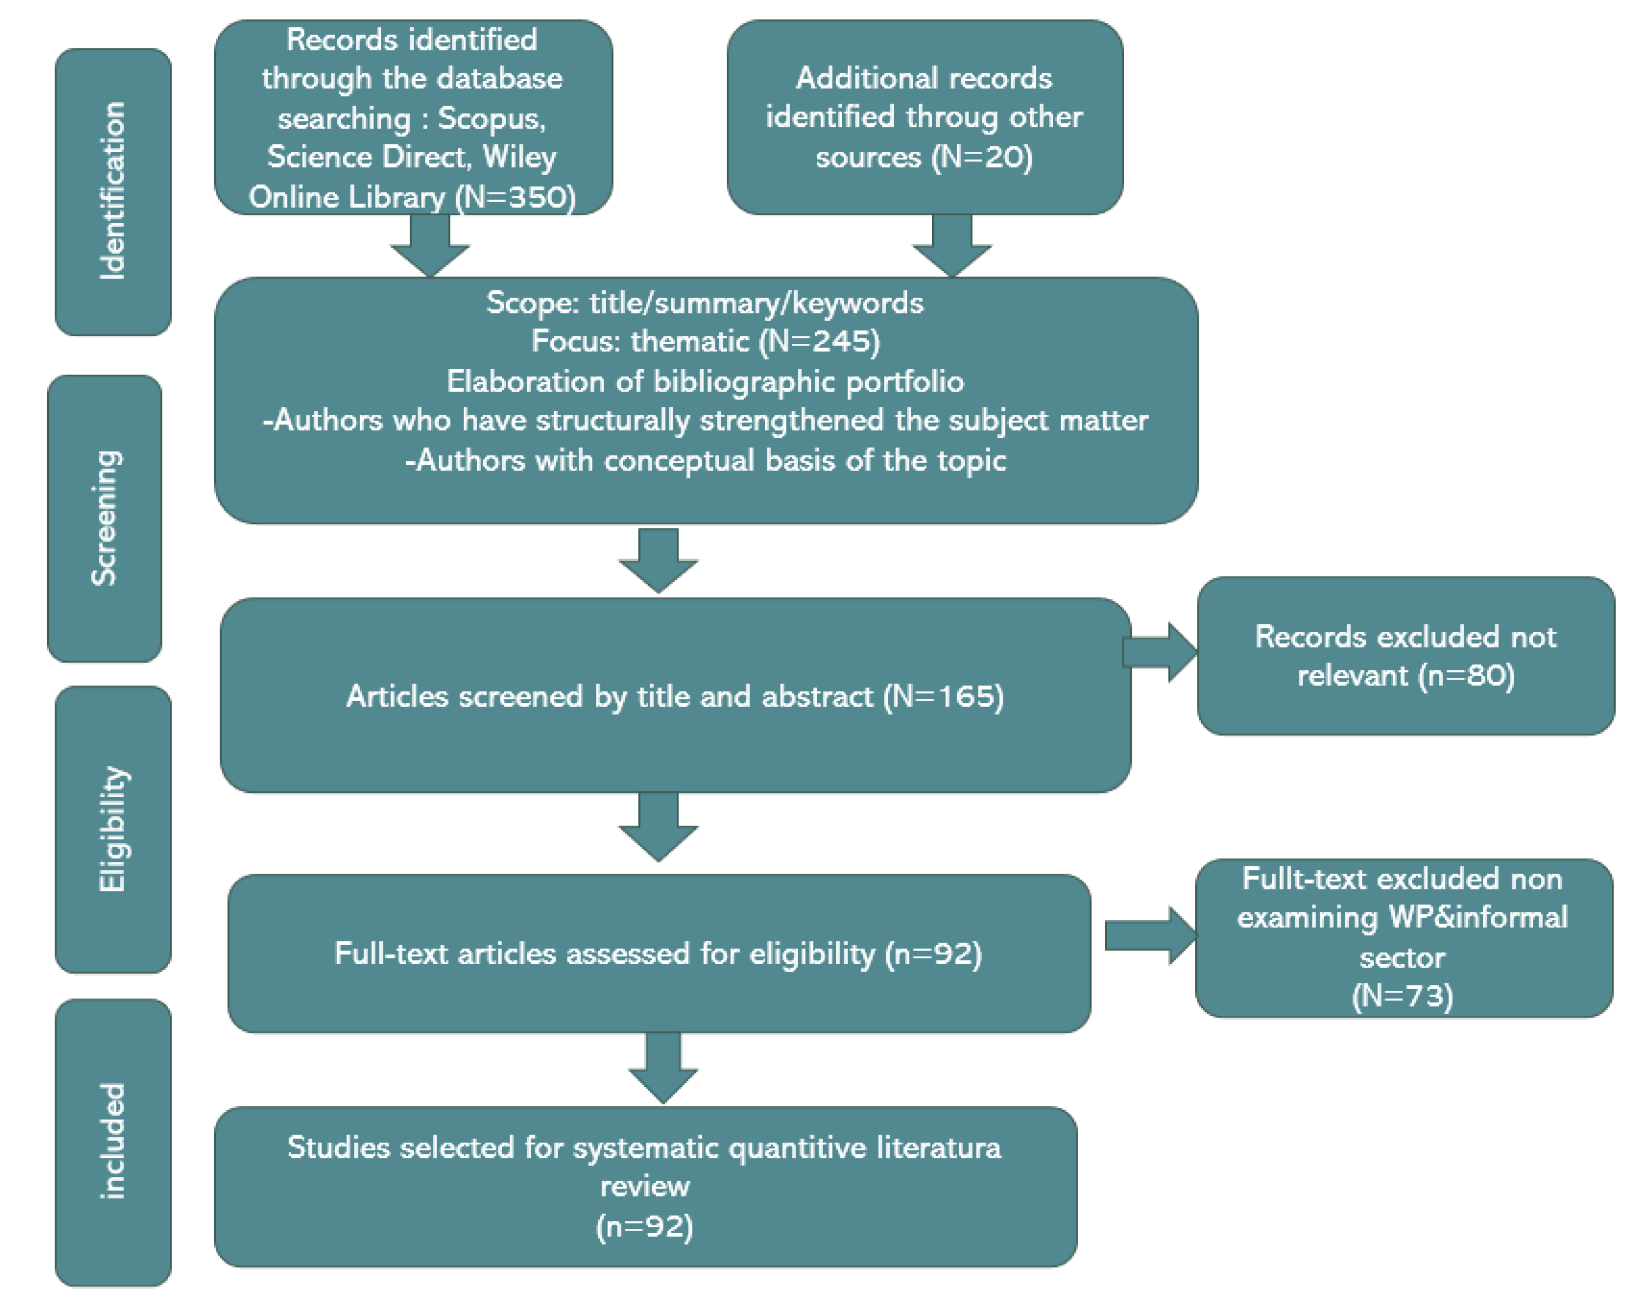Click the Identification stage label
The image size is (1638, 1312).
coord(112,191)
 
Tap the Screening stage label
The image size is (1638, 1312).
coord(105,518)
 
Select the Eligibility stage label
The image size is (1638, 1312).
coord(112,829)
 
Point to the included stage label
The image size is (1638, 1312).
coord(112,1141)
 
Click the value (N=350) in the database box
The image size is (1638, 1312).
coord(515,197)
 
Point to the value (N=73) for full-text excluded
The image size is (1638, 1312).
coord(1402,996)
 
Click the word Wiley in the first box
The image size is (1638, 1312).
coord(520,157)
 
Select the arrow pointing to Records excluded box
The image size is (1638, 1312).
coord(1161,652)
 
